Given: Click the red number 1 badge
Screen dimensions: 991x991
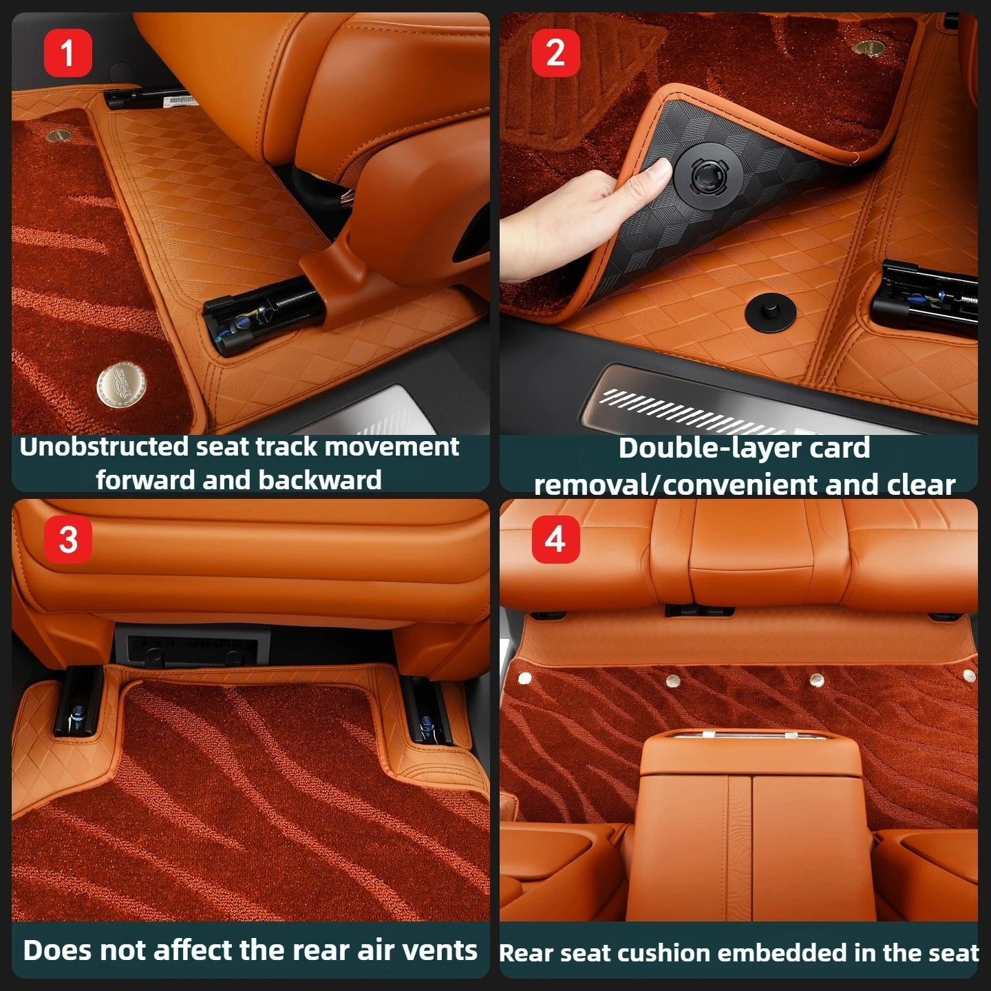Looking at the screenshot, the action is [68, 53].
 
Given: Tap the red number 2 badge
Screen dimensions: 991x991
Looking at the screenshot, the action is [555, 53].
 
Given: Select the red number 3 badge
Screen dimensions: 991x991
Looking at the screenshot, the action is [68, 540].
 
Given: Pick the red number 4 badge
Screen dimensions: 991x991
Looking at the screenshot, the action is [555, 540].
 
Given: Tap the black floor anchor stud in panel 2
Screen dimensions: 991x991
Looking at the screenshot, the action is [770, 313].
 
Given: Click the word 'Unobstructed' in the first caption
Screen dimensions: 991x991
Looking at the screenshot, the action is [105, 447].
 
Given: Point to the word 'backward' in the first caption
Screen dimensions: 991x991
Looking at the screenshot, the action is [319, 480].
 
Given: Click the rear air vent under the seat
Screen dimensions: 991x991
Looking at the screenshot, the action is [192, 646].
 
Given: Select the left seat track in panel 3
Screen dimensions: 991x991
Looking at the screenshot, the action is [77, 701].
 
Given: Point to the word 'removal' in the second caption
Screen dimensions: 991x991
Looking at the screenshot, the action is [591, 485].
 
